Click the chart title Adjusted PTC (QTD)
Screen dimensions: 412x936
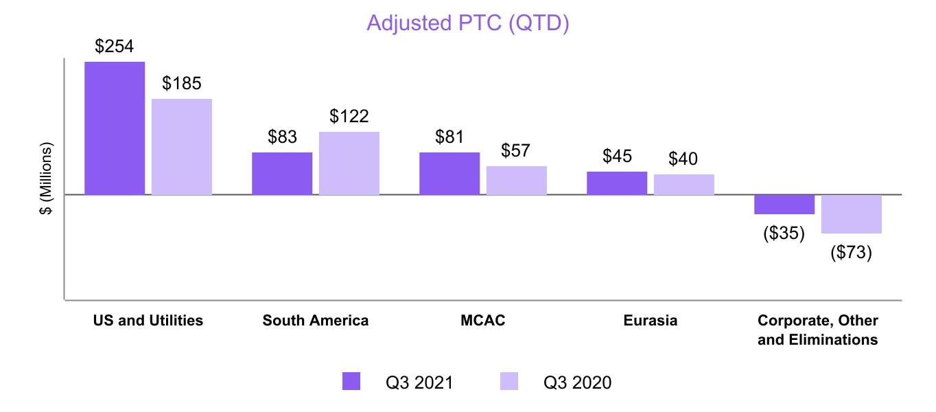(468, 23)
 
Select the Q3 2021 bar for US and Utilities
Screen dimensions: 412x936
(115, 128)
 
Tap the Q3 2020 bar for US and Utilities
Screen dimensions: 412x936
(182, 147)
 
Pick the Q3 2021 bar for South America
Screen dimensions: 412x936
(282, 174)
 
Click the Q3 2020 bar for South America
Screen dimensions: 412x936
(349, 163)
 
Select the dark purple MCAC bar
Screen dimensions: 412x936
(449, 174)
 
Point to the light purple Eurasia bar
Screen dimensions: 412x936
(684, 185)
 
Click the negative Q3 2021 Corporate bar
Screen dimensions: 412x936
(784, 205)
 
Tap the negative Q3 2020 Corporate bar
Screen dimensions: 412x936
(852, 214)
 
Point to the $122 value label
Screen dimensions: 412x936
(349, 116)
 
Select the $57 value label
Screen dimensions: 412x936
(517, 150)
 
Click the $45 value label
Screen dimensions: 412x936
(617, 156)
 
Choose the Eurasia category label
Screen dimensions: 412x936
(651, 321)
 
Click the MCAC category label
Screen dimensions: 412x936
(483, 321)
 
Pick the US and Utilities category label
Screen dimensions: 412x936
(148, 321)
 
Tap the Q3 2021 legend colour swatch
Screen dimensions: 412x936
(351, 381)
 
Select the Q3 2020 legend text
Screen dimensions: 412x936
(577, 382)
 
